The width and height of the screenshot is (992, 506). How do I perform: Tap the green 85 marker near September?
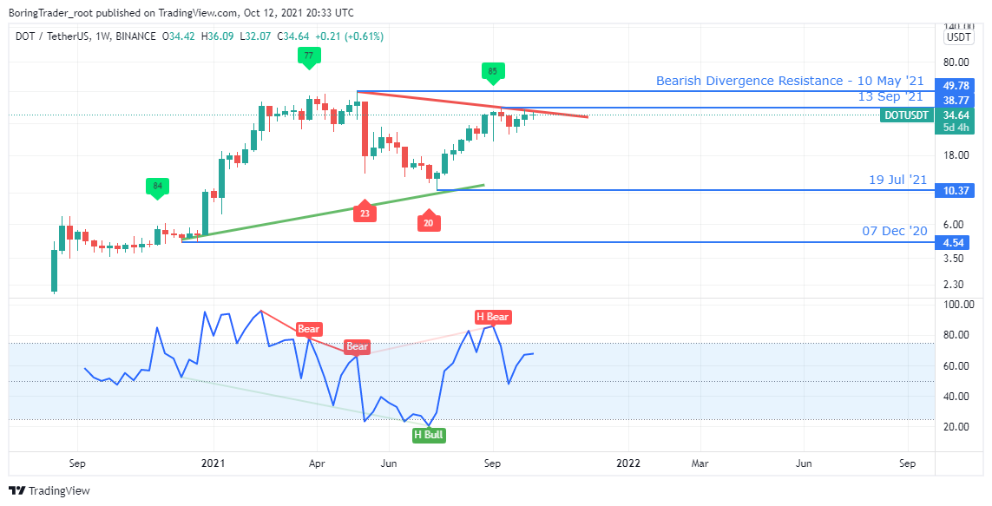pos(492,71)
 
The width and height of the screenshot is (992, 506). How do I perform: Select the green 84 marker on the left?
pos(156,186)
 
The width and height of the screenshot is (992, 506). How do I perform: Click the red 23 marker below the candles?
pos(365,213)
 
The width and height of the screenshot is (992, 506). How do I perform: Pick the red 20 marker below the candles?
pos(428,223)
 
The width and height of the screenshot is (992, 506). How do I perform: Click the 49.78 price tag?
pos(956,86)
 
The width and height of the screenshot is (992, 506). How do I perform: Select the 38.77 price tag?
pos(956,101)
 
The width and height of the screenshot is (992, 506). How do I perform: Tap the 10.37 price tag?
pos(956,190)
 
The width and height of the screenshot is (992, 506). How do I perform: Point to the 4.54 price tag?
pos(956,243)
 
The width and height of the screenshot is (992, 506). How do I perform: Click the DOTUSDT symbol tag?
pos(905,115)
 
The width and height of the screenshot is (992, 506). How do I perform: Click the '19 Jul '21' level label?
pos(898,180)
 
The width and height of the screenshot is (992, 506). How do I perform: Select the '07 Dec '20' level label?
pos(895,231)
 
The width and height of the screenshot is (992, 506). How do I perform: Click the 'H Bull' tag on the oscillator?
pos(429,435)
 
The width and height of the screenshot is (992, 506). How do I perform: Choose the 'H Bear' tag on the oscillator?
pos(492,317)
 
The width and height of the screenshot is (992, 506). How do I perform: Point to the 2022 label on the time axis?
pos(628,463)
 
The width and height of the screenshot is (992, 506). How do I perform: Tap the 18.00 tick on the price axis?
pos(956,155)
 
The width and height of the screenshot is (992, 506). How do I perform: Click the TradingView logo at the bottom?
pos(50,490)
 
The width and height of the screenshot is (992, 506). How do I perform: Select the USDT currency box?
pos(959,37)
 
